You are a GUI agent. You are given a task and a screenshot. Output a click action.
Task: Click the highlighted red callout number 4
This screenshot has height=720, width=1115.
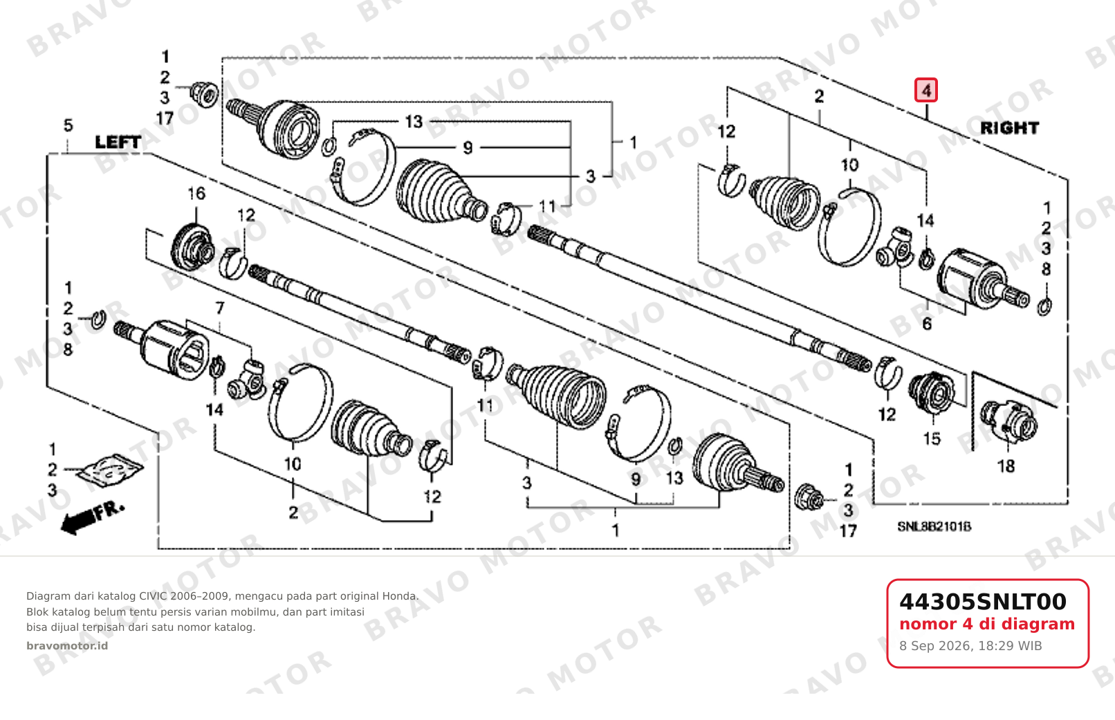[x=926, y=91]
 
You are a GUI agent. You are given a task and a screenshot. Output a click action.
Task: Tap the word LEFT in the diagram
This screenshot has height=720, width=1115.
[x=118, y=142]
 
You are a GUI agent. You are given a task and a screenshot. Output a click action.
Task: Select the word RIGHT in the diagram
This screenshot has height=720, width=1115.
[x=1009, y=129]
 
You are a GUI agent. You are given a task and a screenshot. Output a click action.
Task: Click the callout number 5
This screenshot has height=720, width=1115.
[x=68, y=125]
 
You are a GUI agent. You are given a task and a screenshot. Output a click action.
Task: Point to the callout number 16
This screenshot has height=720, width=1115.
[x=196, y=194]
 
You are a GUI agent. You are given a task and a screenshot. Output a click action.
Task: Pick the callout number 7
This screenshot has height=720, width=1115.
[x=220, y=308]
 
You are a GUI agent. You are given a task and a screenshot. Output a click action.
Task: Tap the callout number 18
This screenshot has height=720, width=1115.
[x=1006, y=466]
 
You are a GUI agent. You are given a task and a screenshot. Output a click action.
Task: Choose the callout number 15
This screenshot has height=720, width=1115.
[x=932, y=439]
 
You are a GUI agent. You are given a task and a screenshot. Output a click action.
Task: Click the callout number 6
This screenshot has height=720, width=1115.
[x=927, y=324]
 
